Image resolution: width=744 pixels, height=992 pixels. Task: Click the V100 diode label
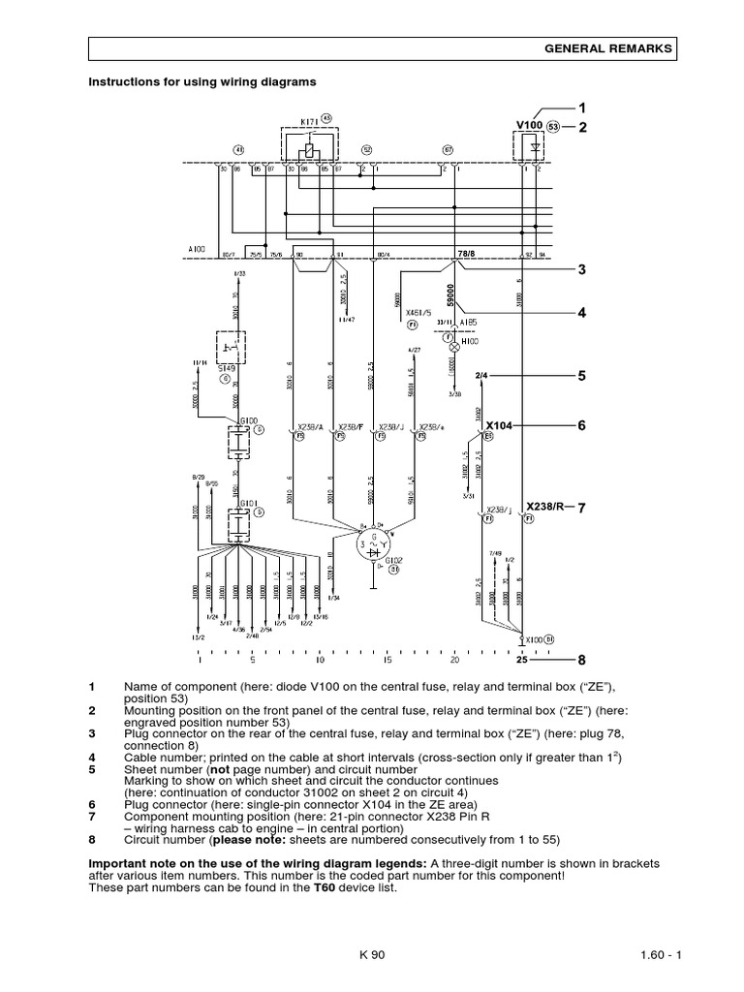coord(529,126)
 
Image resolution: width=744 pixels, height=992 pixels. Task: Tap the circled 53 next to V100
coord(553,126)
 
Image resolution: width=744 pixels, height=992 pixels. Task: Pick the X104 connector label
coord(500,425)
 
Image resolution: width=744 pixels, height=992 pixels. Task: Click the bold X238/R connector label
coord(546,506)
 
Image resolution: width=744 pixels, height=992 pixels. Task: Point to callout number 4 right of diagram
coord(583,313)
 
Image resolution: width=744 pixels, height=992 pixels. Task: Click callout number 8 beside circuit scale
coord(582,661)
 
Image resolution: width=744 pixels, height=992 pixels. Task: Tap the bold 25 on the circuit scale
coord(522,661)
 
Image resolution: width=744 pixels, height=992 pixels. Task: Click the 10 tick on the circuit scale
coord(320,661)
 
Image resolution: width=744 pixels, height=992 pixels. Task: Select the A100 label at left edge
coord(197,249)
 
